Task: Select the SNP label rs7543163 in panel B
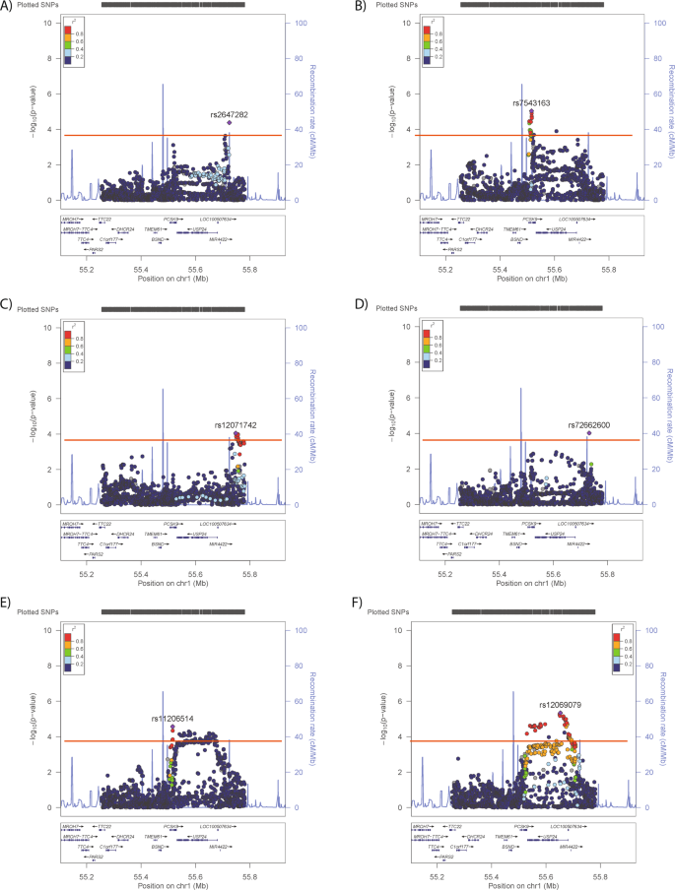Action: click(530, 102)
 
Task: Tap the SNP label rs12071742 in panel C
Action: click(236, 424)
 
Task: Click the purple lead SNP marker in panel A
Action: click(229, 123)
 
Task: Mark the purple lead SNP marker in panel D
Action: click(588, 433)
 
